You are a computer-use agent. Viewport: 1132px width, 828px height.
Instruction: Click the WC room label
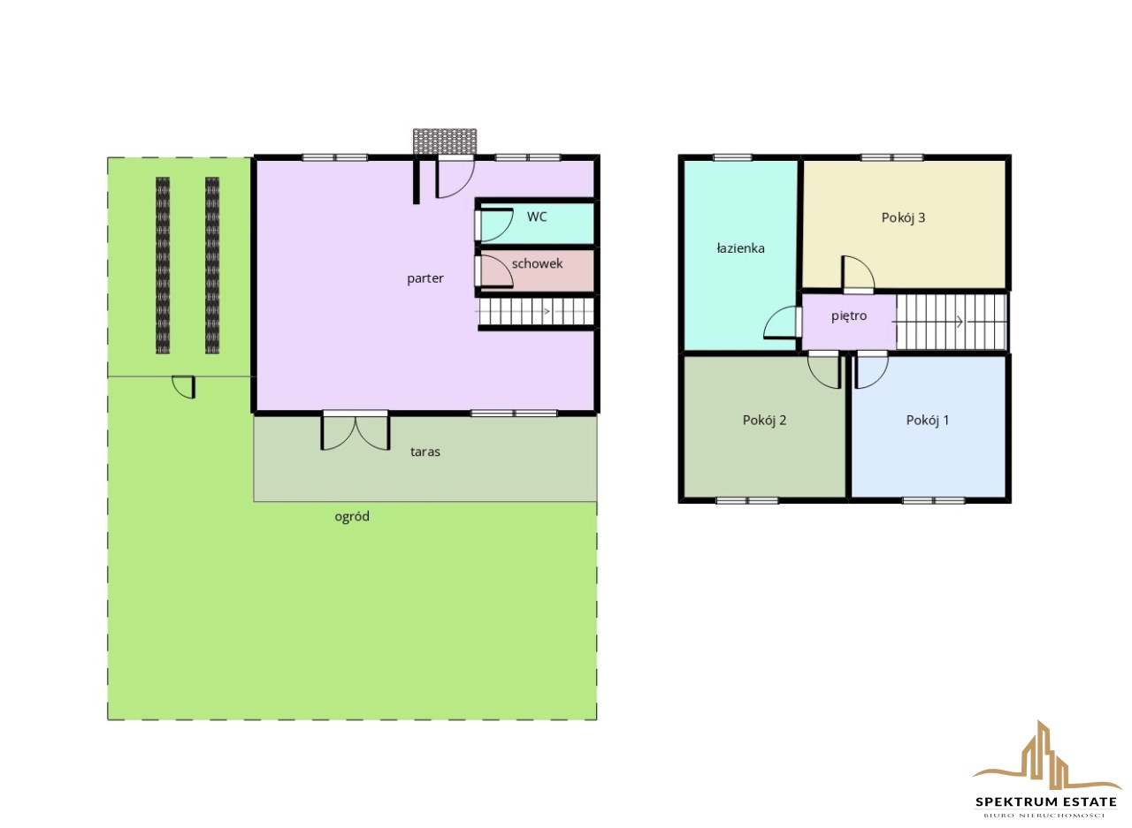537,216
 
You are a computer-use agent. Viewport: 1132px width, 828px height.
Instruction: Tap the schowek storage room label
537,263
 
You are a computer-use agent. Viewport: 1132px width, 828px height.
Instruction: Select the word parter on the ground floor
425,278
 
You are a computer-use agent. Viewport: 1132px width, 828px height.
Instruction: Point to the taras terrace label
425,452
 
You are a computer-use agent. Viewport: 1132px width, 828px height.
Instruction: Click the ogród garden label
352,516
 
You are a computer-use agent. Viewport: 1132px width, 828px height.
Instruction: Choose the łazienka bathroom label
740,248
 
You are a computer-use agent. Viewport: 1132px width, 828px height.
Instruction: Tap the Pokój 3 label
903,217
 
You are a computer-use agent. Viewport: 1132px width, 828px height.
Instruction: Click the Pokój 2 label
764,420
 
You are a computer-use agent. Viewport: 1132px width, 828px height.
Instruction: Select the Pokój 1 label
928,420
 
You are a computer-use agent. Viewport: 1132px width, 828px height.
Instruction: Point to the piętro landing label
849,316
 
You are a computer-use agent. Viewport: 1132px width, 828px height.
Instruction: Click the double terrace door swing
356,431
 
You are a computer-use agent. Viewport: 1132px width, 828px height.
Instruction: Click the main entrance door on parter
455,177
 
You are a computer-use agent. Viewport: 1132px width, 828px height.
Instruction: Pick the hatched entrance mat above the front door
445,141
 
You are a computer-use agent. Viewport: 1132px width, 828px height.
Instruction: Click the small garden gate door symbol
185,387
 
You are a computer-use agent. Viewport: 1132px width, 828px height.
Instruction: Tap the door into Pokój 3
858,275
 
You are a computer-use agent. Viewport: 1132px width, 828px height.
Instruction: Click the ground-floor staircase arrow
512,312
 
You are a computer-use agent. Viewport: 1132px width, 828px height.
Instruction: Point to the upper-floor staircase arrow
927,322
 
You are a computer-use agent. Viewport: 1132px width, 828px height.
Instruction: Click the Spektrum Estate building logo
1046,757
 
